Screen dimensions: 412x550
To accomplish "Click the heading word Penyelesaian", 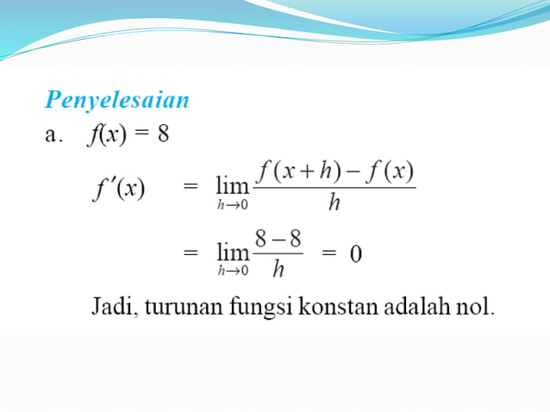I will (x=117, y=100).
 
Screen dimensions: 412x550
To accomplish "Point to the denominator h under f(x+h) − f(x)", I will (x=333, y=205).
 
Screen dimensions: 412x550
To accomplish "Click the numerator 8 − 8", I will (x=278, y=239).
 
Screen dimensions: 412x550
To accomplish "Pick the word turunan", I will (x=177, y=308).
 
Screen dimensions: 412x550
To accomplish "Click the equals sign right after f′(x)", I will (x=191, y=187).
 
